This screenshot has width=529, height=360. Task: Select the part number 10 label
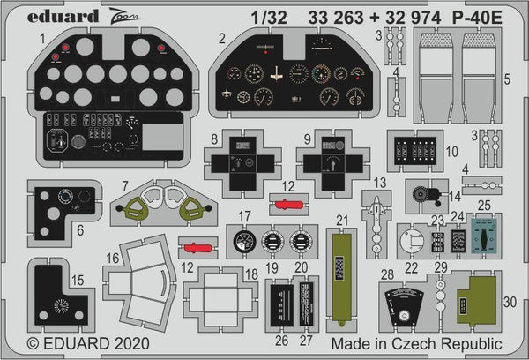[452, 150]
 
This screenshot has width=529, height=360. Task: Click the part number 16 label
[113, 258]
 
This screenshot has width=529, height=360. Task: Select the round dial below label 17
[244, 240]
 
